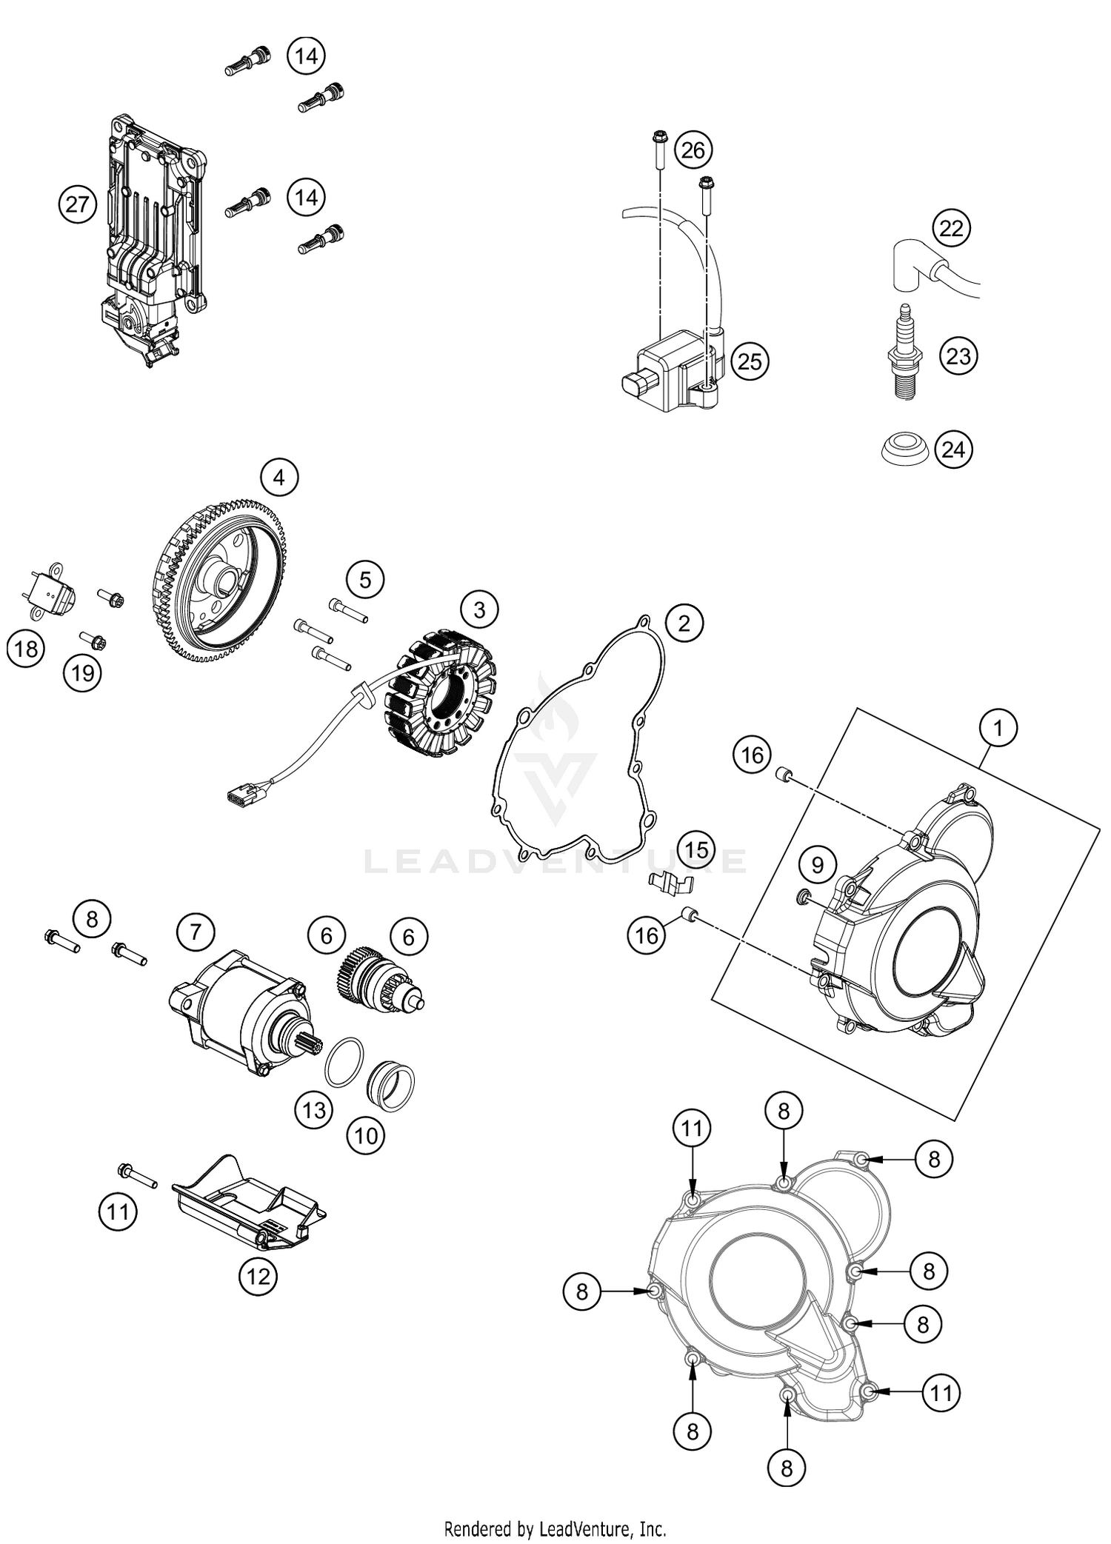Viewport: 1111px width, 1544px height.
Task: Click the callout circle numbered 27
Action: [78, 204]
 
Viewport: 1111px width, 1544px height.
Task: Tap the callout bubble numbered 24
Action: [953, 450]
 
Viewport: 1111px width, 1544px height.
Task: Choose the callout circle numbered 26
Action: [693, 151]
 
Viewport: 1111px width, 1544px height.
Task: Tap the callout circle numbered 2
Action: [684, 623]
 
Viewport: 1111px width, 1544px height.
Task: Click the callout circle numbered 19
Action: [82, 673]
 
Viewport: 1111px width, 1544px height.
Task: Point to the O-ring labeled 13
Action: [344, 1063]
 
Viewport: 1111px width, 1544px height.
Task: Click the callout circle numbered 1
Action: [998, 729]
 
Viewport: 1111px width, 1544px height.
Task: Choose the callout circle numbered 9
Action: [817, 865]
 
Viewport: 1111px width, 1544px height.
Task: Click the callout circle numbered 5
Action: [365, 580]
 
